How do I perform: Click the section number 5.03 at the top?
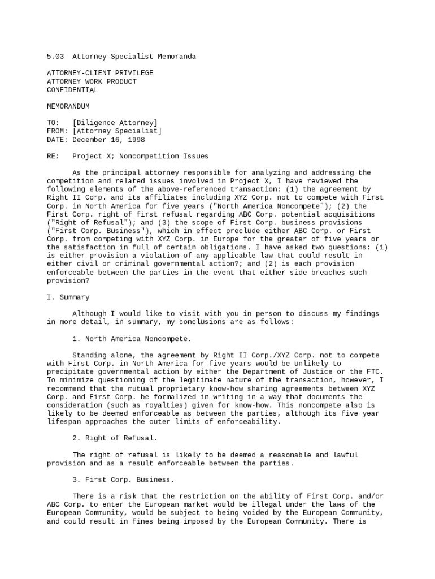pyautogui.click(x=55, y=57)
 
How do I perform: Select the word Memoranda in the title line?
pyautogui.click(x=177, y=57)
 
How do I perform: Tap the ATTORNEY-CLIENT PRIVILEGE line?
pyautogui.click(x=100, y=73)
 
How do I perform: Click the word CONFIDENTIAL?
pyautogui.click(x=72, y=90)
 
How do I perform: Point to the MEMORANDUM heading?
pyautogui.click(x=68, y=106)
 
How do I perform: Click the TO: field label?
pyautogui.click(x=53, y=123)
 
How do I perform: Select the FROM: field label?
pyautogui.click(x=57, y=131)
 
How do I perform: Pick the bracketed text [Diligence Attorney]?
pyautogui.click(x=115, y=123)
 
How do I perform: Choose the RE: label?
pyautogui.click(x=53, y=156)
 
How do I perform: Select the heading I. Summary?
pyautogui.click(x=68, y=297)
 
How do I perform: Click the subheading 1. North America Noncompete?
pyautogui.click(x=132, y=339)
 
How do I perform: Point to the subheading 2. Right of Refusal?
pyautogui.click(x=115, y=438)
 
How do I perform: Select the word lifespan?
pyautogui.click(x=64, y=421)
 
